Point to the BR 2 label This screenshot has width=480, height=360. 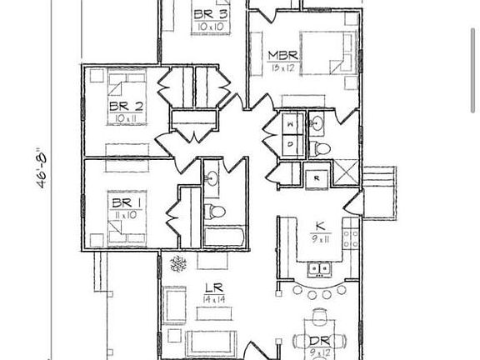click(127, 106)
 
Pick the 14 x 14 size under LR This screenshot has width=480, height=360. click(213, 299)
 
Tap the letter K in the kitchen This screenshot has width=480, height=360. click(319, 226)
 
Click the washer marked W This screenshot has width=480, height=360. click(291, 124)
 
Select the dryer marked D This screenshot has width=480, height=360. click(291, 143)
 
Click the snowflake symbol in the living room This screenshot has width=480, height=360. click(177, 264)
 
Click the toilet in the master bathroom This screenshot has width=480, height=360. click(321, 149)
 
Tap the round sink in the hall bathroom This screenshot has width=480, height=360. click(212, 178)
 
